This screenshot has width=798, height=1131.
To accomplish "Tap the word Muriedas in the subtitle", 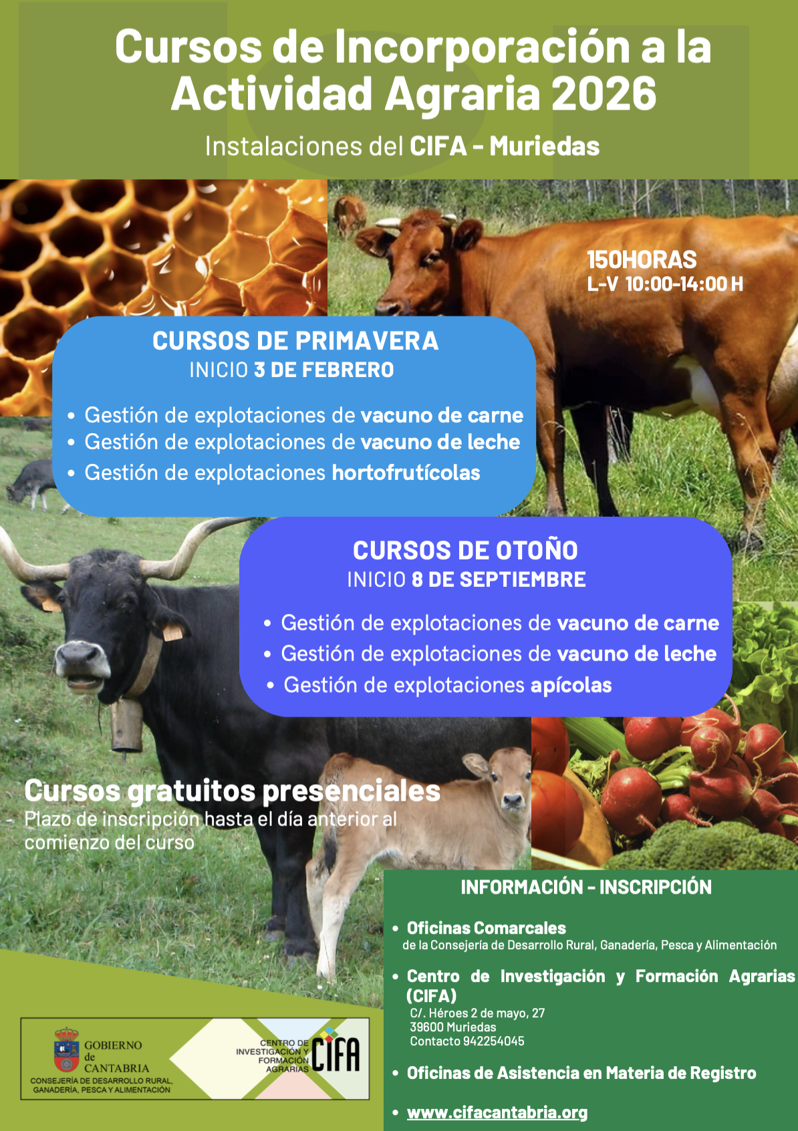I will pos(544,146).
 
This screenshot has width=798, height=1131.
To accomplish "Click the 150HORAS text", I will pos(642,260).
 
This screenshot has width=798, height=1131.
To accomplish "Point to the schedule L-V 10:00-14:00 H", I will pos(664,284).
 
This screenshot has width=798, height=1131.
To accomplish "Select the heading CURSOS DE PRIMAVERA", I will pos(295,341).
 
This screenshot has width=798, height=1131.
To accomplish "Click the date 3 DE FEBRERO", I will pos(324,370).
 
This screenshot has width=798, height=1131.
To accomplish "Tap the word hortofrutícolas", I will pos(406,473).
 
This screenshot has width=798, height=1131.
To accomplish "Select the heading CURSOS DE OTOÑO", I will pos(465,550).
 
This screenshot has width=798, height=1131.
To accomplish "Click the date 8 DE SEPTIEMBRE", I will pos(499,580).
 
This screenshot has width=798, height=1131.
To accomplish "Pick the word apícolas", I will pos(571,685).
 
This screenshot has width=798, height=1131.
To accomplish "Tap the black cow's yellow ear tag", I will pos(172,631).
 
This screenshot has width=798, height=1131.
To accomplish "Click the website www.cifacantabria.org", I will pos(497,1112).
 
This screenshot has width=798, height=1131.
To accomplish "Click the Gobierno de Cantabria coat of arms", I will pos(66,1050).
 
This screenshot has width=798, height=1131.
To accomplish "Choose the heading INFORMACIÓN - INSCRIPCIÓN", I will pos(586,887).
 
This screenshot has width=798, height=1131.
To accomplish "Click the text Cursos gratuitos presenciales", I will pos(232,791).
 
